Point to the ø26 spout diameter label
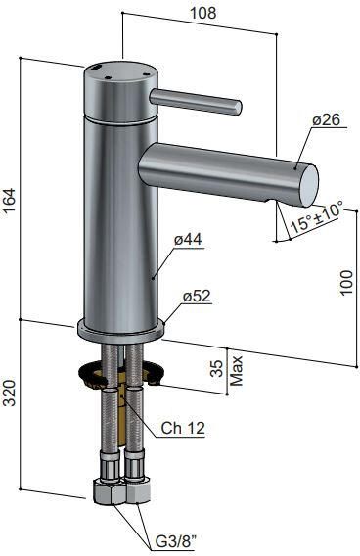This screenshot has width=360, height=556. (325, 120)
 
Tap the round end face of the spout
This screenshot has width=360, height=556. (306, 179)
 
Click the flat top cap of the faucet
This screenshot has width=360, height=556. (115, 72)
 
